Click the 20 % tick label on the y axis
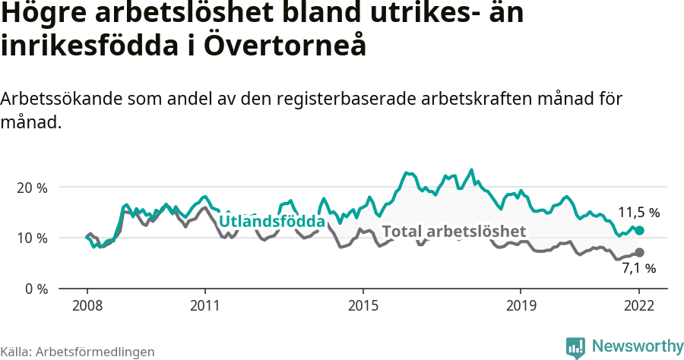32,188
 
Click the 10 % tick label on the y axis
32,238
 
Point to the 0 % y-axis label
35,289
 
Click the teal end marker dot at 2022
639,230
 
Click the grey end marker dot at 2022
639,252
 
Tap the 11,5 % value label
638,213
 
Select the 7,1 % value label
638,268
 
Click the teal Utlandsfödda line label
272,221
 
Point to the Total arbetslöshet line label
454,231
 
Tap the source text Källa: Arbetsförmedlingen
78,352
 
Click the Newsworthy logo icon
575,347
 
